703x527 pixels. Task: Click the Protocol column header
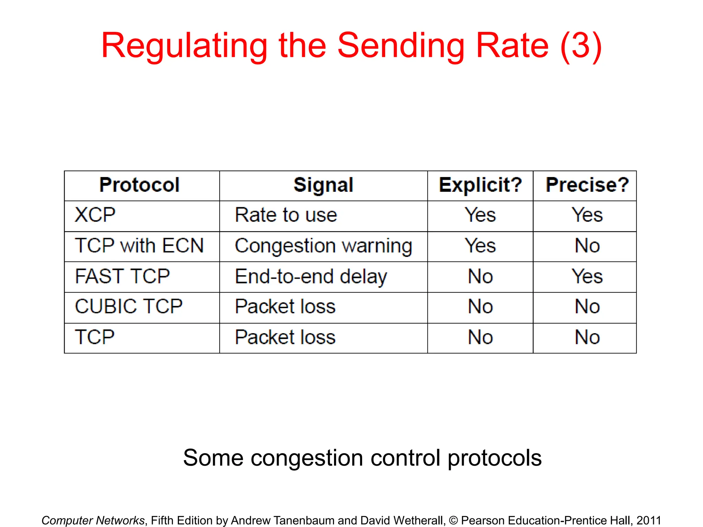pyautogui.click(x=139, y=185)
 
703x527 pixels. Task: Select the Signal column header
pyautogui.click(x=323, y=185)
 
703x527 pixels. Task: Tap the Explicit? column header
pyautogui.click(x=480, y=185)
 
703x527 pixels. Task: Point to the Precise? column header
pyautogui.click(x=587, y=185)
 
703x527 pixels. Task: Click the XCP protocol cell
pyautogui.click(x=95, y=215)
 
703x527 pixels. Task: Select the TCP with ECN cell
pyautogui.click(x=139, y=246)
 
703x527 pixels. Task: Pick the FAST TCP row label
pyautogui.click(x=122, y=276)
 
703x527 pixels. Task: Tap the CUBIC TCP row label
pyautogui.click(x=129, y=306)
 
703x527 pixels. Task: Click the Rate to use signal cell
pyautogui.click(x=286, y=215)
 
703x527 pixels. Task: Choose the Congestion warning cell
pyautogui.click(x=323, y=246)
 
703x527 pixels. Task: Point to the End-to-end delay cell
pyautogui.click(x=311, y=277)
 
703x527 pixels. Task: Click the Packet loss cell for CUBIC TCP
pyautogui.click(x=285, y=306)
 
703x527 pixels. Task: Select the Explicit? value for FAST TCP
pyautogui.click(x=480, y=277)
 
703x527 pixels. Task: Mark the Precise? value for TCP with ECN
pyautogui.click(x=587, y=246)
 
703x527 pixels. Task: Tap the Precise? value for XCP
pyautogui.click(x=587, y=215)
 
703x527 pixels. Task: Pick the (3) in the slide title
pyautogui.click(x=581, y=46)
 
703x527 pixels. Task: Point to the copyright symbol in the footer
pyautogui.click(x=453, y=520)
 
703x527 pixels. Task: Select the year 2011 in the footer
pyautogui.click(x=649, y=520)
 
